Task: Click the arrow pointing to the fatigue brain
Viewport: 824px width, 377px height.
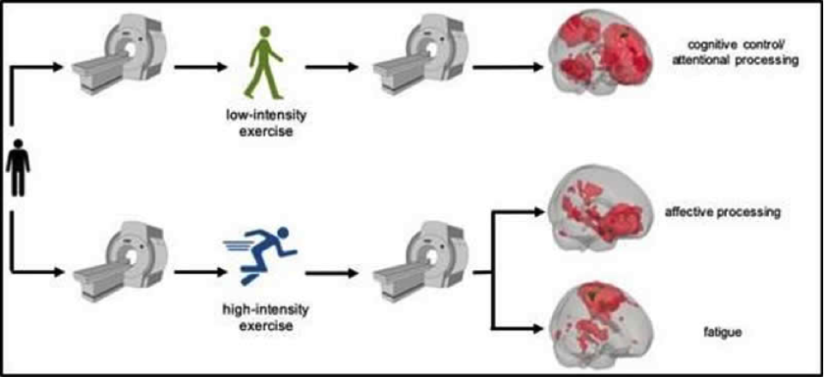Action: pyautogui.click(x=519, y=326)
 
